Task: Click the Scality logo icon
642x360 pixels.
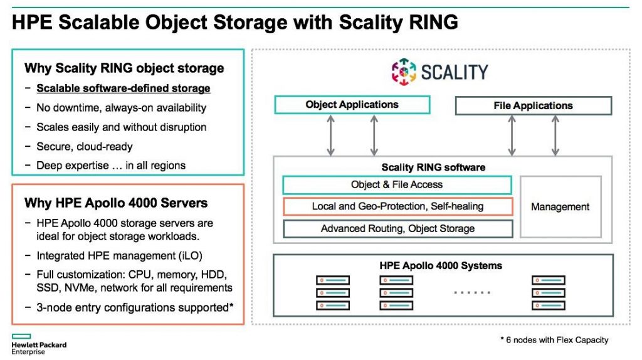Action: click(404, 71)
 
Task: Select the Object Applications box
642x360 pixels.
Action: click(352, 105)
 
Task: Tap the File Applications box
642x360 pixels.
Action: click(533, 105)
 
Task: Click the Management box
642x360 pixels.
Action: click(560, 206)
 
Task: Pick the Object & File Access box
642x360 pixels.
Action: click(397, 185)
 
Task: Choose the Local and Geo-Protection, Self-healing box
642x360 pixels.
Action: click(397, 206)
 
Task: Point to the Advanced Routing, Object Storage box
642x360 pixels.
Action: click(397, 228)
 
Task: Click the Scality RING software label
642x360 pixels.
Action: click(433, 167)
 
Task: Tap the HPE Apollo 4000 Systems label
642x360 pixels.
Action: click(441, 265)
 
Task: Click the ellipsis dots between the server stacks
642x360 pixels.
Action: click(471, 293)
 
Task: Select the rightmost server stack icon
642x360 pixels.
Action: click(549, 293)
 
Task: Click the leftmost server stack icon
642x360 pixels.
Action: click(332, 293)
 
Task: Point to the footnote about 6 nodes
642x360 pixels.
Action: click(554, 340)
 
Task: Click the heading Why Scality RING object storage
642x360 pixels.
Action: click(124, 68)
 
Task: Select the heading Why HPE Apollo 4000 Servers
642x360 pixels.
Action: click(116, 203)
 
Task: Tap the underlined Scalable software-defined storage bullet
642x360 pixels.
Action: click(123, 88)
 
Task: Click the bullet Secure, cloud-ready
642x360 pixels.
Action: click(85, 146)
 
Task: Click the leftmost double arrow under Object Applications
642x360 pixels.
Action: click(330, 135)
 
